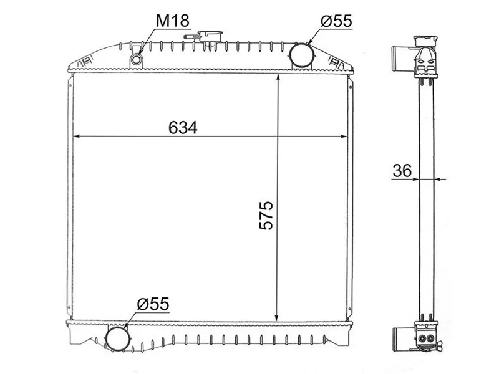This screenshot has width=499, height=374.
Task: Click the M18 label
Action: tap(173, 21)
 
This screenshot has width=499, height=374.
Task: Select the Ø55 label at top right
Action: tap(336, 21)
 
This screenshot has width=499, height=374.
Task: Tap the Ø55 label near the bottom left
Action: tap(153, 304)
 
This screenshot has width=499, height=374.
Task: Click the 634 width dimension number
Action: tap(183, 128)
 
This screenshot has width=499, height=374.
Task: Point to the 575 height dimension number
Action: tap(266, 215)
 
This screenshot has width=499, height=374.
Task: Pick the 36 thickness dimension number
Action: tap(402, 171)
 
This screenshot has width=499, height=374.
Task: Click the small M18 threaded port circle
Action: tap(137, 59)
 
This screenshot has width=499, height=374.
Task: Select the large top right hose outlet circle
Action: tap(301, 55)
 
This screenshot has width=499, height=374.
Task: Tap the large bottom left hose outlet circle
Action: tap(118, 338)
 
